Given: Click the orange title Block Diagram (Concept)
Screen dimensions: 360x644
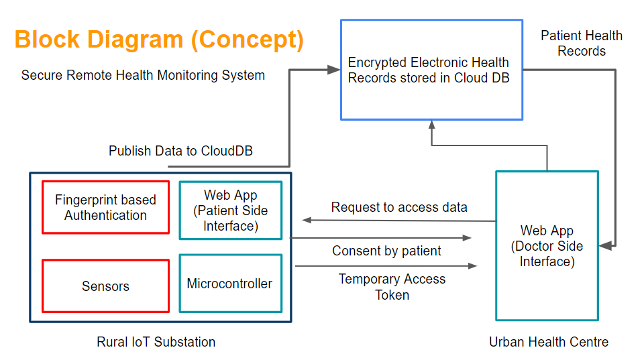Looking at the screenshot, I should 159,40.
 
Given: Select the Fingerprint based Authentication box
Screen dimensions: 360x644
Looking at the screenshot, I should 105,207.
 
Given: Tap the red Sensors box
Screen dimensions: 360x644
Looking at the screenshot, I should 105,286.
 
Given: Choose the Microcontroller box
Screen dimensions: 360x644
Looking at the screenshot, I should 230,284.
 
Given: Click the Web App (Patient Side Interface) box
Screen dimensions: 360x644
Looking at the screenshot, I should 230,210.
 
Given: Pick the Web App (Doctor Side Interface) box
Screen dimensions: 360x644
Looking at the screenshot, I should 547,246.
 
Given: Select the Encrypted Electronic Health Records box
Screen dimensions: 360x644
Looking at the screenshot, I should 431,70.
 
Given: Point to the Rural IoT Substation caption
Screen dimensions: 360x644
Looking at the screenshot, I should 156,342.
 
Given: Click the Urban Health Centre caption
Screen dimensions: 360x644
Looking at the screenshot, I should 549,342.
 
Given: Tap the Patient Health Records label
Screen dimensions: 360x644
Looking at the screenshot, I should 582,43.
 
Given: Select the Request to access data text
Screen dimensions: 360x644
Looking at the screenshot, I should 399,207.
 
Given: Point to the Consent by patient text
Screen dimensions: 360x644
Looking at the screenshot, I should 386,251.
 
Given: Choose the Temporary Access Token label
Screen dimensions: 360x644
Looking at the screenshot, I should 392,286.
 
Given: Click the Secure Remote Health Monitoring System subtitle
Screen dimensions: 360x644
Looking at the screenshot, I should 143,75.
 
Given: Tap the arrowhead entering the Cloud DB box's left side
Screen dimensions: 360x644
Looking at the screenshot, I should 334,70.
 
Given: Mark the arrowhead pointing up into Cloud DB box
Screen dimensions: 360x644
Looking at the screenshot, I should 432,125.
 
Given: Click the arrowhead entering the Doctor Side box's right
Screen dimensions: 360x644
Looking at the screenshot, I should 605,247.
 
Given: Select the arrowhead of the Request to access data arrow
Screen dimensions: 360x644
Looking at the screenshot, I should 307,220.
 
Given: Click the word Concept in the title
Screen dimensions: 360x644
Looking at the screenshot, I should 248,40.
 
